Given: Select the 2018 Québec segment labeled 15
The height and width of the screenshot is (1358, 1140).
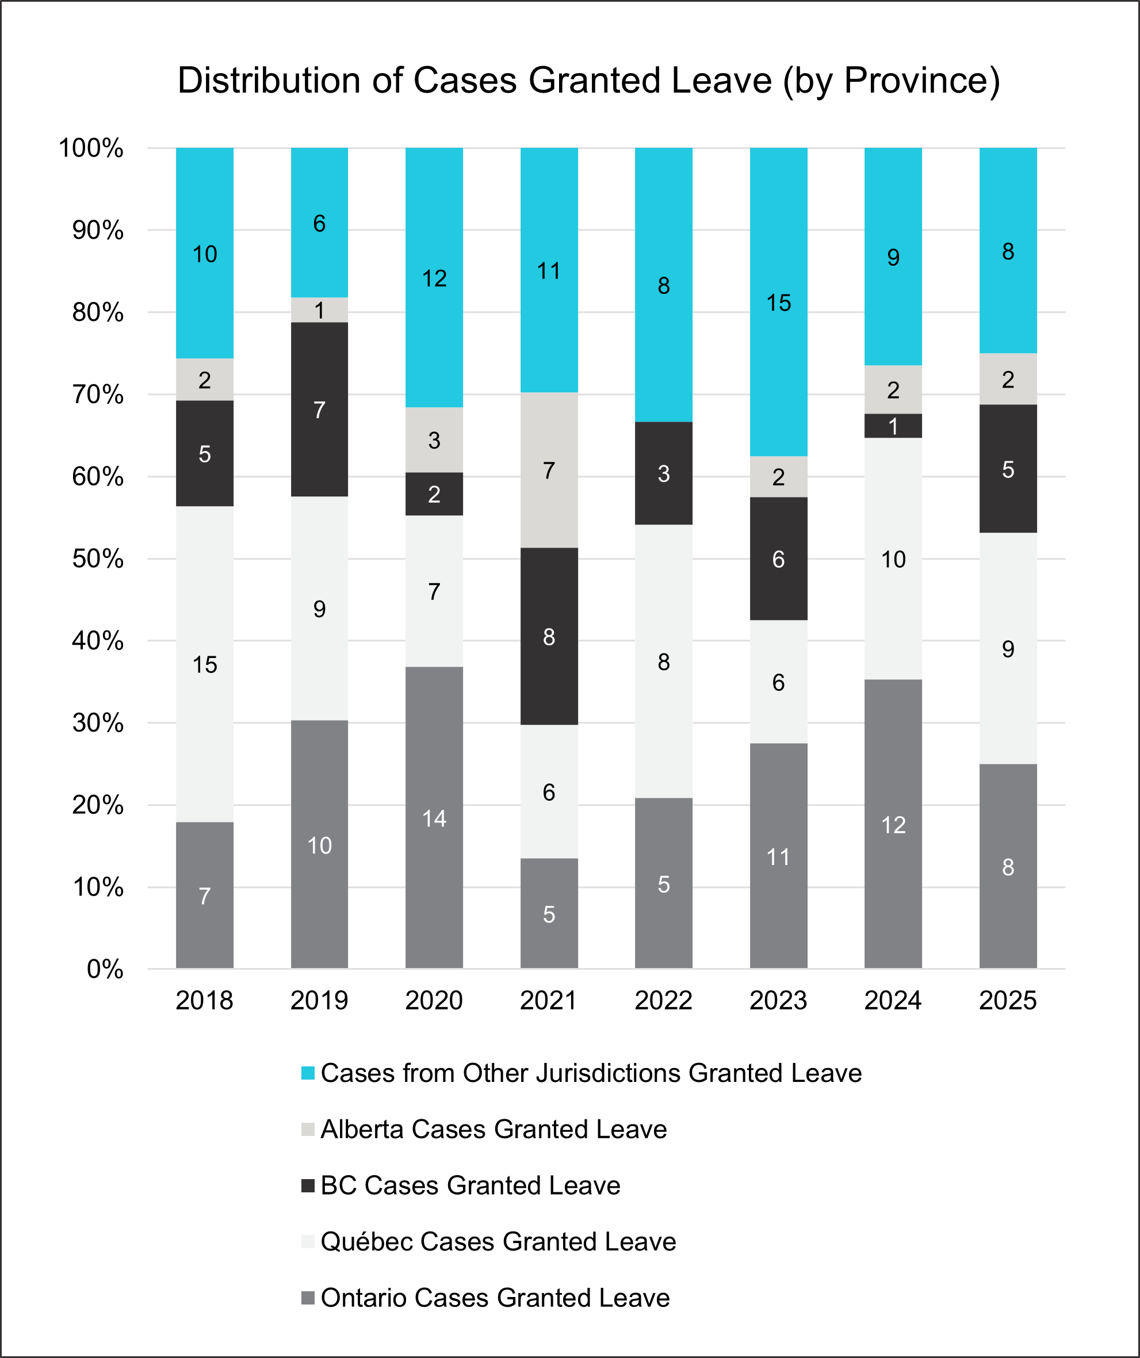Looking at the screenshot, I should click(x=204, y=664).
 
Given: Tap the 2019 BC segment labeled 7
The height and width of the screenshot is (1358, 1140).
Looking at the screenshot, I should click(x=319, y=410).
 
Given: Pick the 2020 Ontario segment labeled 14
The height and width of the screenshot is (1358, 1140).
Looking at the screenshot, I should click(x=434, y=818).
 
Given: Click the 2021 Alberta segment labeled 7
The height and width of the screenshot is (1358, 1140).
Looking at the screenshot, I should click(x=549, y=470).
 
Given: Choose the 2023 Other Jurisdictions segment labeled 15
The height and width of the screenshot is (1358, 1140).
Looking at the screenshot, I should click(x=779, y=302).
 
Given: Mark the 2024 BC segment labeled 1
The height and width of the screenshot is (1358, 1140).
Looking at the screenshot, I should click(x=893, y=426).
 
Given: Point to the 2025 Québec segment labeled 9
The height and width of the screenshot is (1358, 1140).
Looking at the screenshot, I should click(x=1008, y=649).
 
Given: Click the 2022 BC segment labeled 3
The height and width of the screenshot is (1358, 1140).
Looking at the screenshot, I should click(x=663, y=473).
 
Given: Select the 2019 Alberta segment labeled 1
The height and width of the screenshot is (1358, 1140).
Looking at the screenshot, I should click(x=319, y=311).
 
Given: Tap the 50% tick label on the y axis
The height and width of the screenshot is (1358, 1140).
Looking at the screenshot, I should click(x=98, y=558).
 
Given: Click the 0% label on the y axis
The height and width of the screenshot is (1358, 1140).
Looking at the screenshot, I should click(x=105, y=969).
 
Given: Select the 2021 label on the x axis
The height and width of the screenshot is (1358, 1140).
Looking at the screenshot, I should click(x=549, y=1000).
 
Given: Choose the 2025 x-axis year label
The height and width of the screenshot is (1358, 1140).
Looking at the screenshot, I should click(x=1008, y=1000).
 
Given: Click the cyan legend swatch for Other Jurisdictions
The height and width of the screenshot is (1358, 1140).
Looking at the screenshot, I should click(x=308, y=1073).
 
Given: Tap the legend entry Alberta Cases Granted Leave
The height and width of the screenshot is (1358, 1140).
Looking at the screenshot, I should click(x=494, y=1129).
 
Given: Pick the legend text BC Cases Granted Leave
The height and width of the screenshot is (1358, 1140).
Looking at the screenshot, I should click(x=470, y=1185).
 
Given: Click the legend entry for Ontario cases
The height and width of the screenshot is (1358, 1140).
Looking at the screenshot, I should click(x=495, y=1297).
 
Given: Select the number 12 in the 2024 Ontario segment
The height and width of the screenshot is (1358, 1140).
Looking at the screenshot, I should click(x=893, y=824).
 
